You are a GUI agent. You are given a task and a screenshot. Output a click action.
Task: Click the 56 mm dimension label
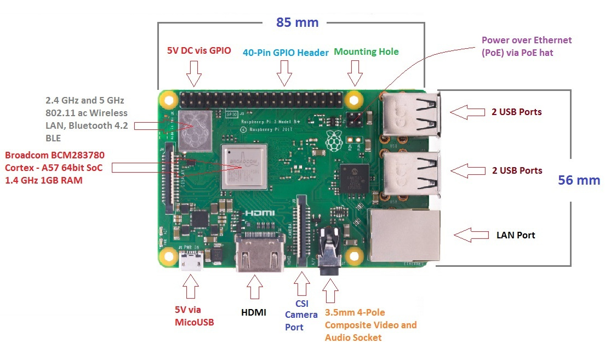(579, 180)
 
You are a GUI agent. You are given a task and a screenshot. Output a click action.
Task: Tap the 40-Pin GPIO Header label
(286, 52)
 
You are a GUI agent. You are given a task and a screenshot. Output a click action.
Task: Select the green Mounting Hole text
(366, 52)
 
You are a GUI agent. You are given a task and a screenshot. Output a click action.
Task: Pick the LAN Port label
(515, 235)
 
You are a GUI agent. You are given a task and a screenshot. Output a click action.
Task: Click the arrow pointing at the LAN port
(470, 235)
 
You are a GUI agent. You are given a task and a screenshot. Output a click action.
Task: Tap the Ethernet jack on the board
(405, 235)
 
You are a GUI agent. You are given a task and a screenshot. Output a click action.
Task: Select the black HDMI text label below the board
(254, 312)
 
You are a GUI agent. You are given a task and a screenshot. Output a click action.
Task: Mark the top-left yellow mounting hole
(168, 100)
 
